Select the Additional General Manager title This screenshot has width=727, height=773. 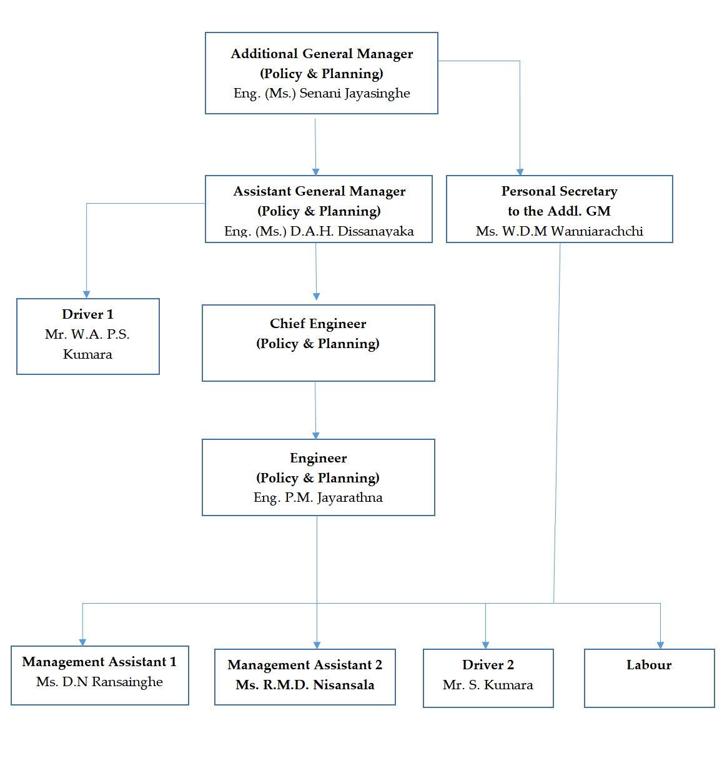click(x=322, y=54)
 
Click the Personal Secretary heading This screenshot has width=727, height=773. click(x=559, y=191)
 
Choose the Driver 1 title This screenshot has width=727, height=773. click(x=87, y=314)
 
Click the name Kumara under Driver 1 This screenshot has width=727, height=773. click(x=87, y=354)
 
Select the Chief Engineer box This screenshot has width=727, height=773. click(x=318, y=342)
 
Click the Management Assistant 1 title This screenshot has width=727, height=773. click(x=99, y=662)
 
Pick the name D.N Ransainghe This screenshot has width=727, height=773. click(x=99, y=682)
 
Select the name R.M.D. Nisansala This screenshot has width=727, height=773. click(x=305, y=685)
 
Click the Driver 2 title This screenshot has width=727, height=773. click(x=488, y=665)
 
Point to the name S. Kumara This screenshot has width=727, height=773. click(x=488, y=685)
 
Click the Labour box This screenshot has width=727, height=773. click(x=649, y=677)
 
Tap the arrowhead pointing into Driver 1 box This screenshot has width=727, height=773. click(x=86, y=294)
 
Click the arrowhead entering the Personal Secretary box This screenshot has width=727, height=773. click(x=520, y=172)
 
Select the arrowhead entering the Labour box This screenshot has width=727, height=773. click(x=660, y=645)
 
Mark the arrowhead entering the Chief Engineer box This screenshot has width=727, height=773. click(x=316, y=297)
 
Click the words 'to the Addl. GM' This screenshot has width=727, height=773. click(x=559, y=211)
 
